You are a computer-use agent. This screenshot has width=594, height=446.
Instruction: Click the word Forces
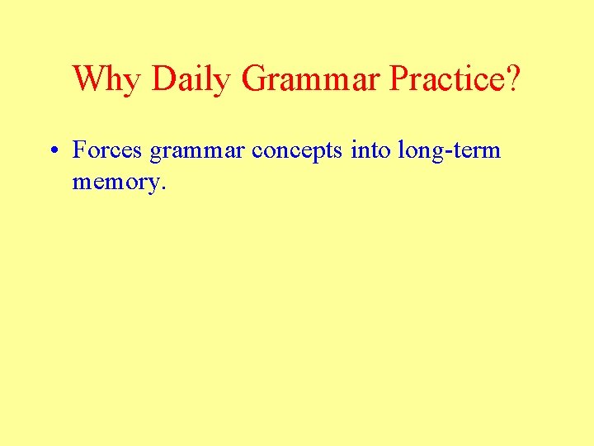click(x=108, y=150)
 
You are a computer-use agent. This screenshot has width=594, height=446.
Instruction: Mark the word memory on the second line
click(x=115, y=183)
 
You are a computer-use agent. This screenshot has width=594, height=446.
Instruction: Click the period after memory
click(x=163, y=187)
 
